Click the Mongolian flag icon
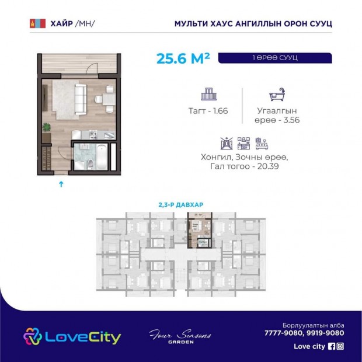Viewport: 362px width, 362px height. [37, 23]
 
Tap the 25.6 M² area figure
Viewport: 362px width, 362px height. [183, 58]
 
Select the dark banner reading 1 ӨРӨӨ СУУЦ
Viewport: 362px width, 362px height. [275, 58]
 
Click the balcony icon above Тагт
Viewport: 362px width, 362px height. [208, 94]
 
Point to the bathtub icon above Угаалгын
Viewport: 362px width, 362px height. [277, 94]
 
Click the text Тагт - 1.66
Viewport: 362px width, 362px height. [208, 111]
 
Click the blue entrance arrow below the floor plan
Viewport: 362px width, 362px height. [61, 184]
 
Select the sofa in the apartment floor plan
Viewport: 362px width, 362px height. [81, 99]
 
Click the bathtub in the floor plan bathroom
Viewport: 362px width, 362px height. [102, 157]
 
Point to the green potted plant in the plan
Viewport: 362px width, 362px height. [47, 127]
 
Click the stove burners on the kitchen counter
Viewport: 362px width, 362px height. [93, 135]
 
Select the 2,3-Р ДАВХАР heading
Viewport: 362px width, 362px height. [181, 204]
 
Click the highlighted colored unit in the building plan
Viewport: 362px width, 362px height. [200, 230]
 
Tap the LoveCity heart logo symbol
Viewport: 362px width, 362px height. [33, 336]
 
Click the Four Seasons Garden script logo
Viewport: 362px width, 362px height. [180, 337]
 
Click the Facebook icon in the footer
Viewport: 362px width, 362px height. [332, 346]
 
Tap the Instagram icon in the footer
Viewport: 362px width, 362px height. [340, 346]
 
